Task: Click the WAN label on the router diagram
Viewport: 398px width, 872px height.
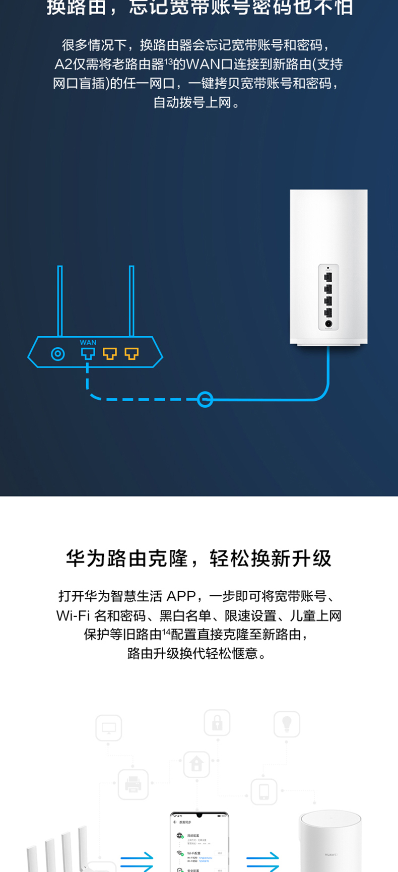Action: tap(88, 343)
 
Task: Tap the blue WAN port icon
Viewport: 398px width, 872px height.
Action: tap(88, 354)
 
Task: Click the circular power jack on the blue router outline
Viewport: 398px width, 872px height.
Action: tap(58, 354)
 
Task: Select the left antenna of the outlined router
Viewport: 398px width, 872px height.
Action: tap(60, 301)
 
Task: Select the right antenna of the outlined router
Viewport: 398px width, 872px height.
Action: tap(131, 301)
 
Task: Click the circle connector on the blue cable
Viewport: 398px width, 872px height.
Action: tap(205, 400)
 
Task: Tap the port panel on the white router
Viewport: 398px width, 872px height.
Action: tap(328, 297)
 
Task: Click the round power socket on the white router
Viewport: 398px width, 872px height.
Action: tap(328, 324)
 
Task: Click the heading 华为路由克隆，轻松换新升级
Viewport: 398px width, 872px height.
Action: tap(199, 558)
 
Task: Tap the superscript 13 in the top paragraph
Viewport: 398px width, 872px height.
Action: tap(168, 61)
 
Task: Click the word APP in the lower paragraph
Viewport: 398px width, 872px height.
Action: tap(181, 596)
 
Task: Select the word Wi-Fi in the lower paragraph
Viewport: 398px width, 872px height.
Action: tap(73, 615)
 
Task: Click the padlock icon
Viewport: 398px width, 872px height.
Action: tap(217, 723)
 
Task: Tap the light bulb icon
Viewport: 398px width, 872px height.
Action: tap(287, 724)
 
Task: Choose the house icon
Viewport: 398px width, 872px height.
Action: tap(196, 764)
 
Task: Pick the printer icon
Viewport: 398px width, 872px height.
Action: tap(133, 784)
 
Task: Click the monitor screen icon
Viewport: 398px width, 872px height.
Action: tap(109, 728)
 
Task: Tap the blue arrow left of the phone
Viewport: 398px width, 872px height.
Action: tap(137, 861)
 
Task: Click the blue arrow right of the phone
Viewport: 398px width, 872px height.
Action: tap(262, 861)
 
